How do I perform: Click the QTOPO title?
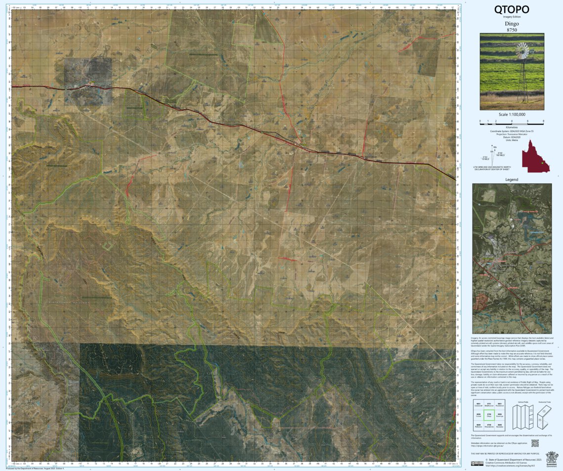[512, 9]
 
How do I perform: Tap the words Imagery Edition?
[512, 17]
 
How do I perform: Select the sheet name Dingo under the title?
[512, 23]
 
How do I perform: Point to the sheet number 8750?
[512, 30]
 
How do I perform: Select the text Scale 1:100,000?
[512, 114]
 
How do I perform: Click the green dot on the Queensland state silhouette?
[542, 163]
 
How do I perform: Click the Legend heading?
[512, 179]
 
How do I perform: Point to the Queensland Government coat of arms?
[550, 457]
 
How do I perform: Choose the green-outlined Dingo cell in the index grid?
[489, 415]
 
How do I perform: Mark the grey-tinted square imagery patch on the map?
[87, 82]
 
